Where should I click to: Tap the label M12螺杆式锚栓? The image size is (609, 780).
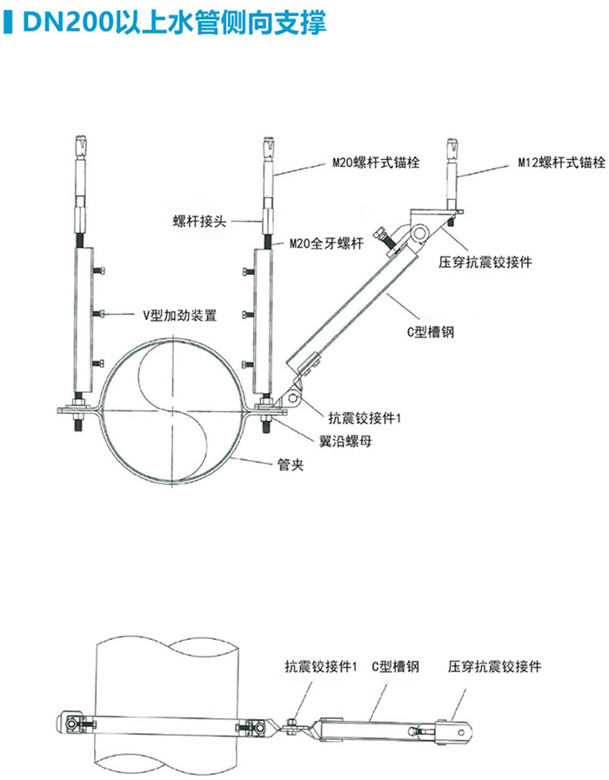[x=560, y=162]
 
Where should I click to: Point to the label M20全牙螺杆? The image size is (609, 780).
[x=326, y=244]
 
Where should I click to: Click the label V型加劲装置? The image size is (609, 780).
[x=185, y=311]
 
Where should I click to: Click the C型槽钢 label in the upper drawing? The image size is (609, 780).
[x=432, y=331]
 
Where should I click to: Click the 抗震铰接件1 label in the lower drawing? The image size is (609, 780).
[x=322, y=667]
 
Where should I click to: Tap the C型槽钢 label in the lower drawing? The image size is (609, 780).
[x=395, y=667]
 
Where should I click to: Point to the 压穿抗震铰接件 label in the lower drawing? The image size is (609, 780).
[x=495, y=667]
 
